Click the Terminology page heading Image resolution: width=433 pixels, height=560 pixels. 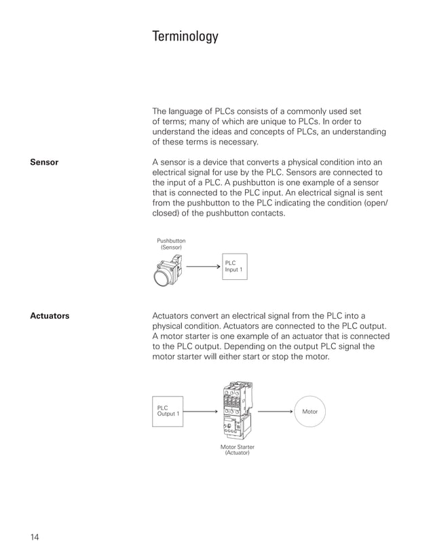click(x=185, y=37)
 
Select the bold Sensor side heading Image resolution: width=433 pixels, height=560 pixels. click(x=44, y=163)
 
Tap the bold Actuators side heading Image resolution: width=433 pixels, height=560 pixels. click(x=50, y=316)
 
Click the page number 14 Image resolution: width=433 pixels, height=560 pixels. click(x=35, y=538)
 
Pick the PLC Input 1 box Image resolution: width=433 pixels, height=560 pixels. click(x=234, y=266)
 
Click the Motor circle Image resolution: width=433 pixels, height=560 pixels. click(x=309, y=412)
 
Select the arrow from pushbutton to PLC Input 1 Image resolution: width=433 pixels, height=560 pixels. click(x=203, y=266)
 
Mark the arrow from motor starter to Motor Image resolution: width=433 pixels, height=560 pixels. click(x=275, y=411)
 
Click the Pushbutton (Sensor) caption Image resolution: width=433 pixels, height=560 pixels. click(x=171, y=244)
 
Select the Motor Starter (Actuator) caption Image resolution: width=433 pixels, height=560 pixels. click(x=237, y=449)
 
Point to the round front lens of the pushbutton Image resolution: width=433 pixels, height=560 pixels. click(x=162, y=279)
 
